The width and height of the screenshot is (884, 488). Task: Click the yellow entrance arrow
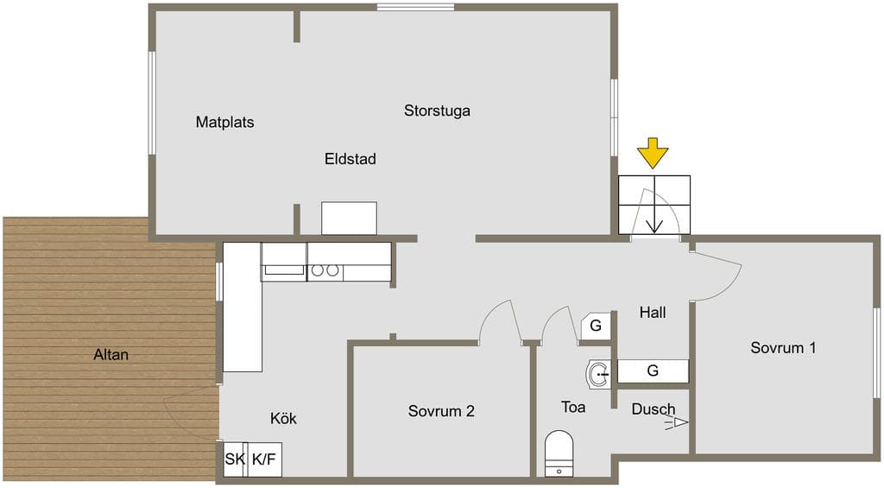[653, 153]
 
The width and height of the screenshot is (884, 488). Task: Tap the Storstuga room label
[437, 111]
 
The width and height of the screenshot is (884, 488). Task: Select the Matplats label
[225, 122]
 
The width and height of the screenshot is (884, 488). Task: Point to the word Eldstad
[350, 159]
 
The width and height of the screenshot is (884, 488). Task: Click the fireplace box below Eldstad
[349, 219]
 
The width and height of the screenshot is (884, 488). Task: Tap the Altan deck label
[111, 355]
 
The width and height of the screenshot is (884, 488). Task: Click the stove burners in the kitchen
[325, 271]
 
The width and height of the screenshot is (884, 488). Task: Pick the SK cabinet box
[235, 459]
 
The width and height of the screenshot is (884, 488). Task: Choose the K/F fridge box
[264, 459]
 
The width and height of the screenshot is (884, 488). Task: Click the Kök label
[283, 419]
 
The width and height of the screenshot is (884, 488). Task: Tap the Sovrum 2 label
[441, 411]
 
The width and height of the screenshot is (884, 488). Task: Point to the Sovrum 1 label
[783, 347]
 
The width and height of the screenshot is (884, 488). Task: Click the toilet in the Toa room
[559, 453]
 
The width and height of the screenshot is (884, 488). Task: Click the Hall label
[653, 313]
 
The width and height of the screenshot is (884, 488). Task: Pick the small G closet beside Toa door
[596, 326]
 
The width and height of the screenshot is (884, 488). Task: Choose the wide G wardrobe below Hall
[653, 371]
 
